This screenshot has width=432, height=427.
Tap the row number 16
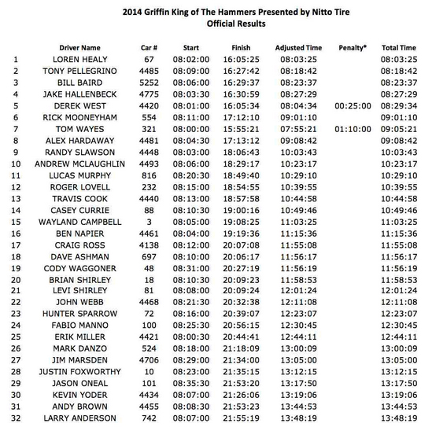click(x=17, y=234)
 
